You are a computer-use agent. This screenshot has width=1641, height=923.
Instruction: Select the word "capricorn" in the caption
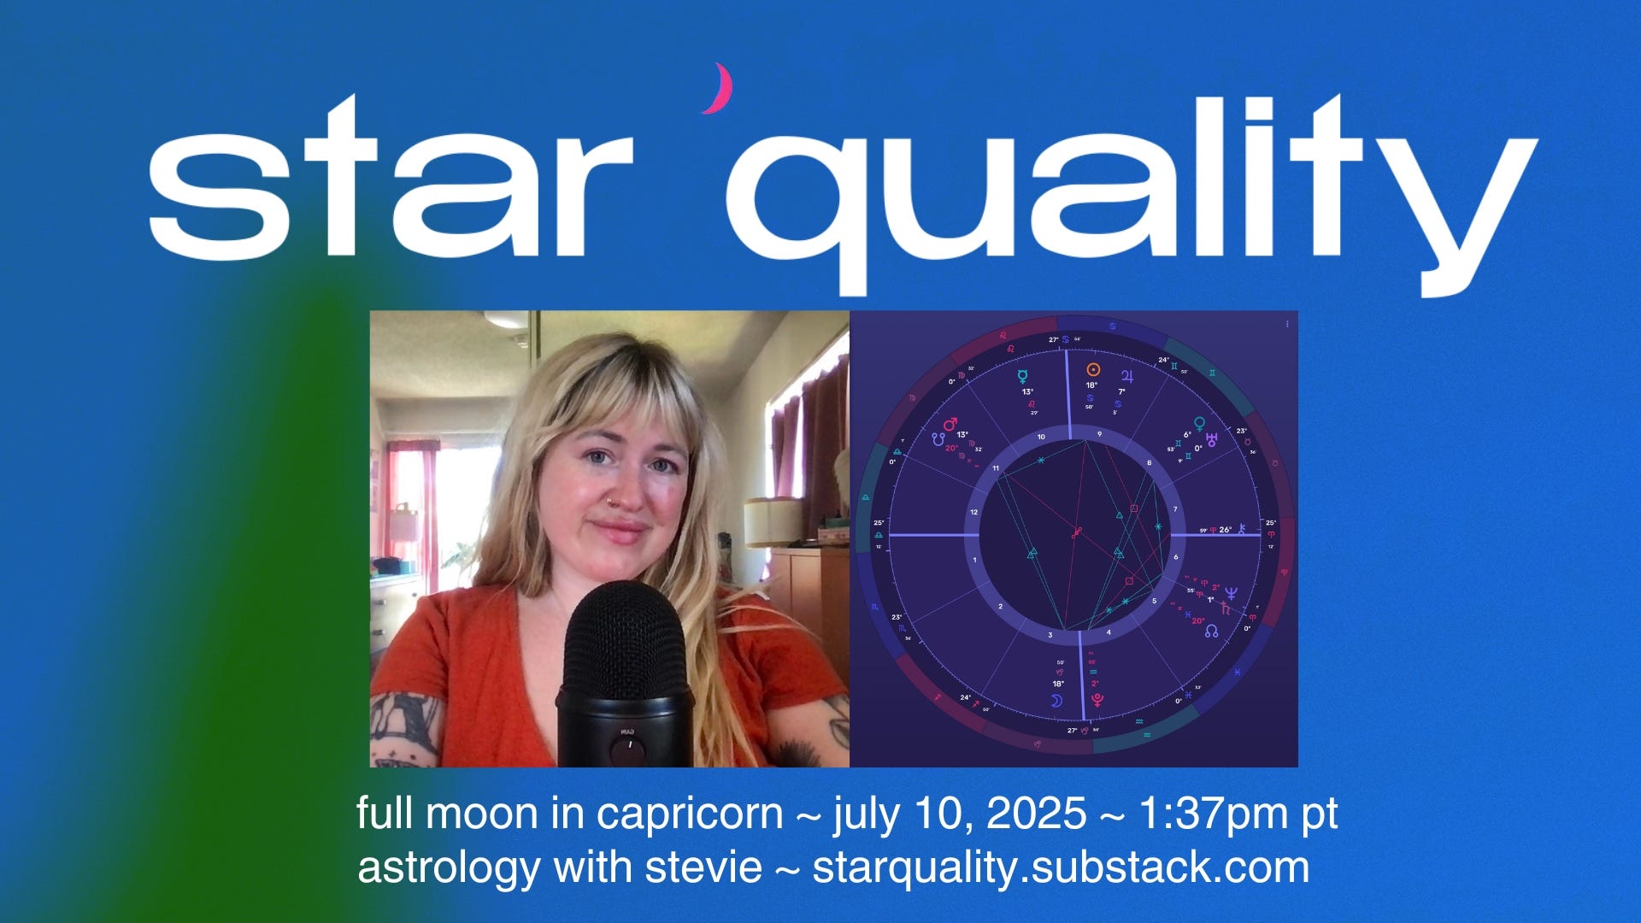pos(689,814)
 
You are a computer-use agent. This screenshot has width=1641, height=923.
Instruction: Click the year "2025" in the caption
pos(1036,814)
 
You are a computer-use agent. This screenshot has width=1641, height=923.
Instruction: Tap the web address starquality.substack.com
pos(1060,868)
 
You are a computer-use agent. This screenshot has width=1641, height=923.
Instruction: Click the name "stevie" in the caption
pos(703,868)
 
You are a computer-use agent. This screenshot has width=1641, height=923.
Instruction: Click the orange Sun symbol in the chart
pos(1092,370)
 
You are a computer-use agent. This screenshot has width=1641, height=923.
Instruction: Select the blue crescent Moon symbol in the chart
pos(1056,701)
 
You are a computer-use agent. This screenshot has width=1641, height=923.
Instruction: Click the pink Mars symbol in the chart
pos(950,424)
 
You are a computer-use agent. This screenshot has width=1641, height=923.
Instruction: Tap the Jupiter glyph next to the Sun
pos(1128,376)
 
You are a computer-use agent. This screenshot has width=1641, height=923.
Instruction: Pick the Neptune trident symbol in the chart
pos(1231,591)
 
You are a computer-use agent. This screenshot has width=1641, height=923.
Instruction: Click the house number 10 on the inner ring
pos(1041,438)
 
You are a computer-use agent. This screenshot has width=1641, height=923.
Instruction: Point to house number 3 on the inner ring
pos(1050,635)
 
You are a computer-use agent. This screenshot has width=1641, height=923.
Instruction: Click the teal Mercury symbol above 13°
pos(1023,376)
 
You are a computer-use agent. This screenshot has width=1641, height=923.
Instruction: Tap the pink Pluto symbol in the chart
pos(1097,700)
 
